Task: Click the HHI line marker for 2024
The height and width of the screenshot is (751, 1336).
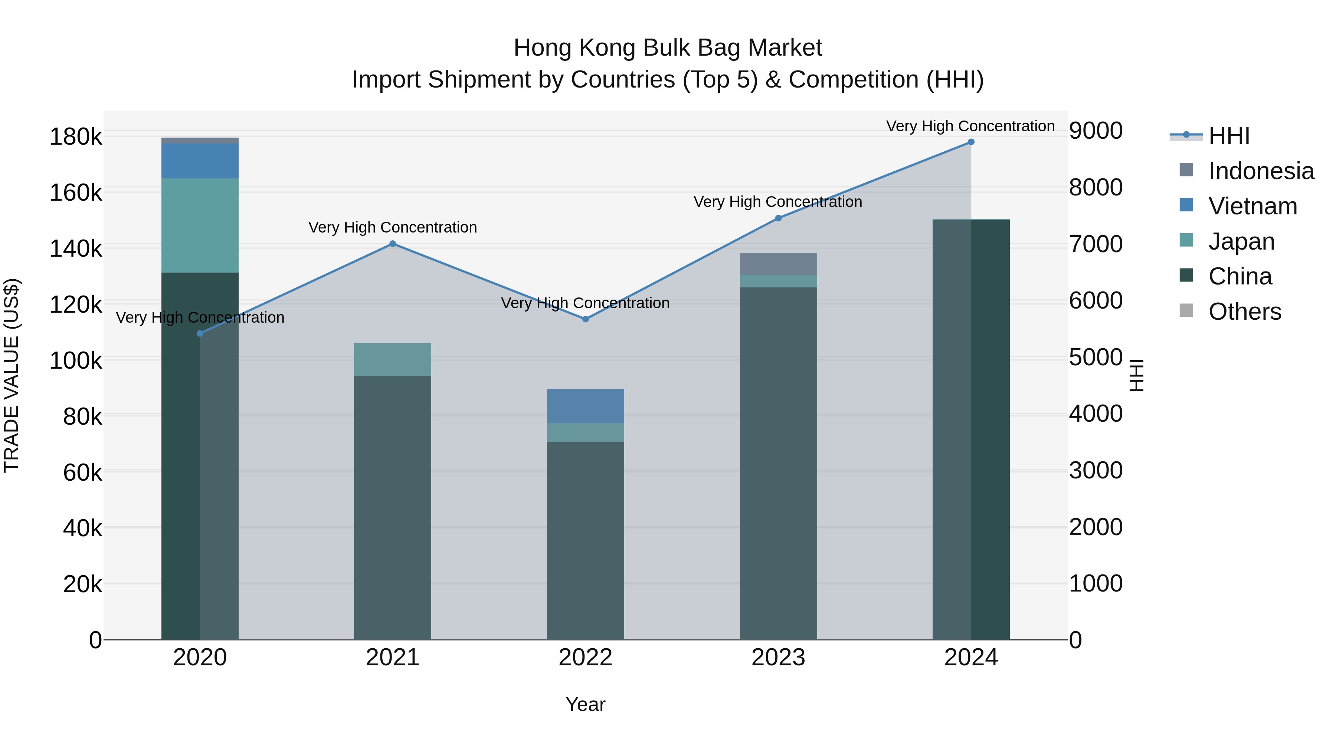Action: click(971, 142)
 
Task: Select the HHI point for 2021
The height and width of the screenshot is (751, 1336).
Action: click(393, 244)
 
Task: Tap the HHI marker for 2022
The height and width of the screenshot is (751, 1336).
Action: click(586, 319)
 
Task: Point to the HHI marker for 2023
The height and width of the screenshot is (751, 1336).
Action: click(778, 218)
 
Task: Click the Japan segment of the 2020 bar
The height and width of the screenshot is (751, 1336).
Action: click(200, 225)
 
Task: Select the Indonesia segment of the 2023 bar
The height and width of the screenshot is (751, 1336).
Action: click(778, 264)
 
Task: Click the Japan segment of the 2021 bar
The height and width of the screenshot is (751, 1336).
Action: click(393, 359)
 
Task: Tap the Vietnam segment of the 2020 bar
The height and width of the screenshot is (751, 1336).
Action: click(200, 161)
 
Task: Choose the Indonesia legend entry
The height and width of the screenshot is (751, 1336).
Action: click(1261, 171)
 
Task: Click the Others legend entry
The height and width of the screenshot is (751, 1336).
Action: click(1245, 312)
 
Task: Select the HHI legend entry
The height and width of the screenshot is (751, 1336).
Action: click(1229, 136)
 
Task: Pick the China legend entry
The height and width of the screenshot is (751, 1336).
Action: click(1240, 276)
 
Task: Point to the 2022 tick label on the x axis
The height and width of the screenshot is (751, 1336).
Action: click(586, 658)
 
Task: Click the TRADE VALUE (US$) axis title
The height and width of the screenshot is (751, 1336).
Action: click(12, 375)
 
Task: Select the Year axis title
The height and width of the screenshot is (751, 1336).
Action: click(586, 704)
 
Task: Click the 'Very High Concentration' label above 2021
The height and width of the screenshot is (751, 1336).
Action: click(393, 228)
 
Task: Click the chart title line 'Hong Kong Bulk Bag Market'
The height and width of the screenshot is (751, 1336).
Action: click(668, 48)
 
